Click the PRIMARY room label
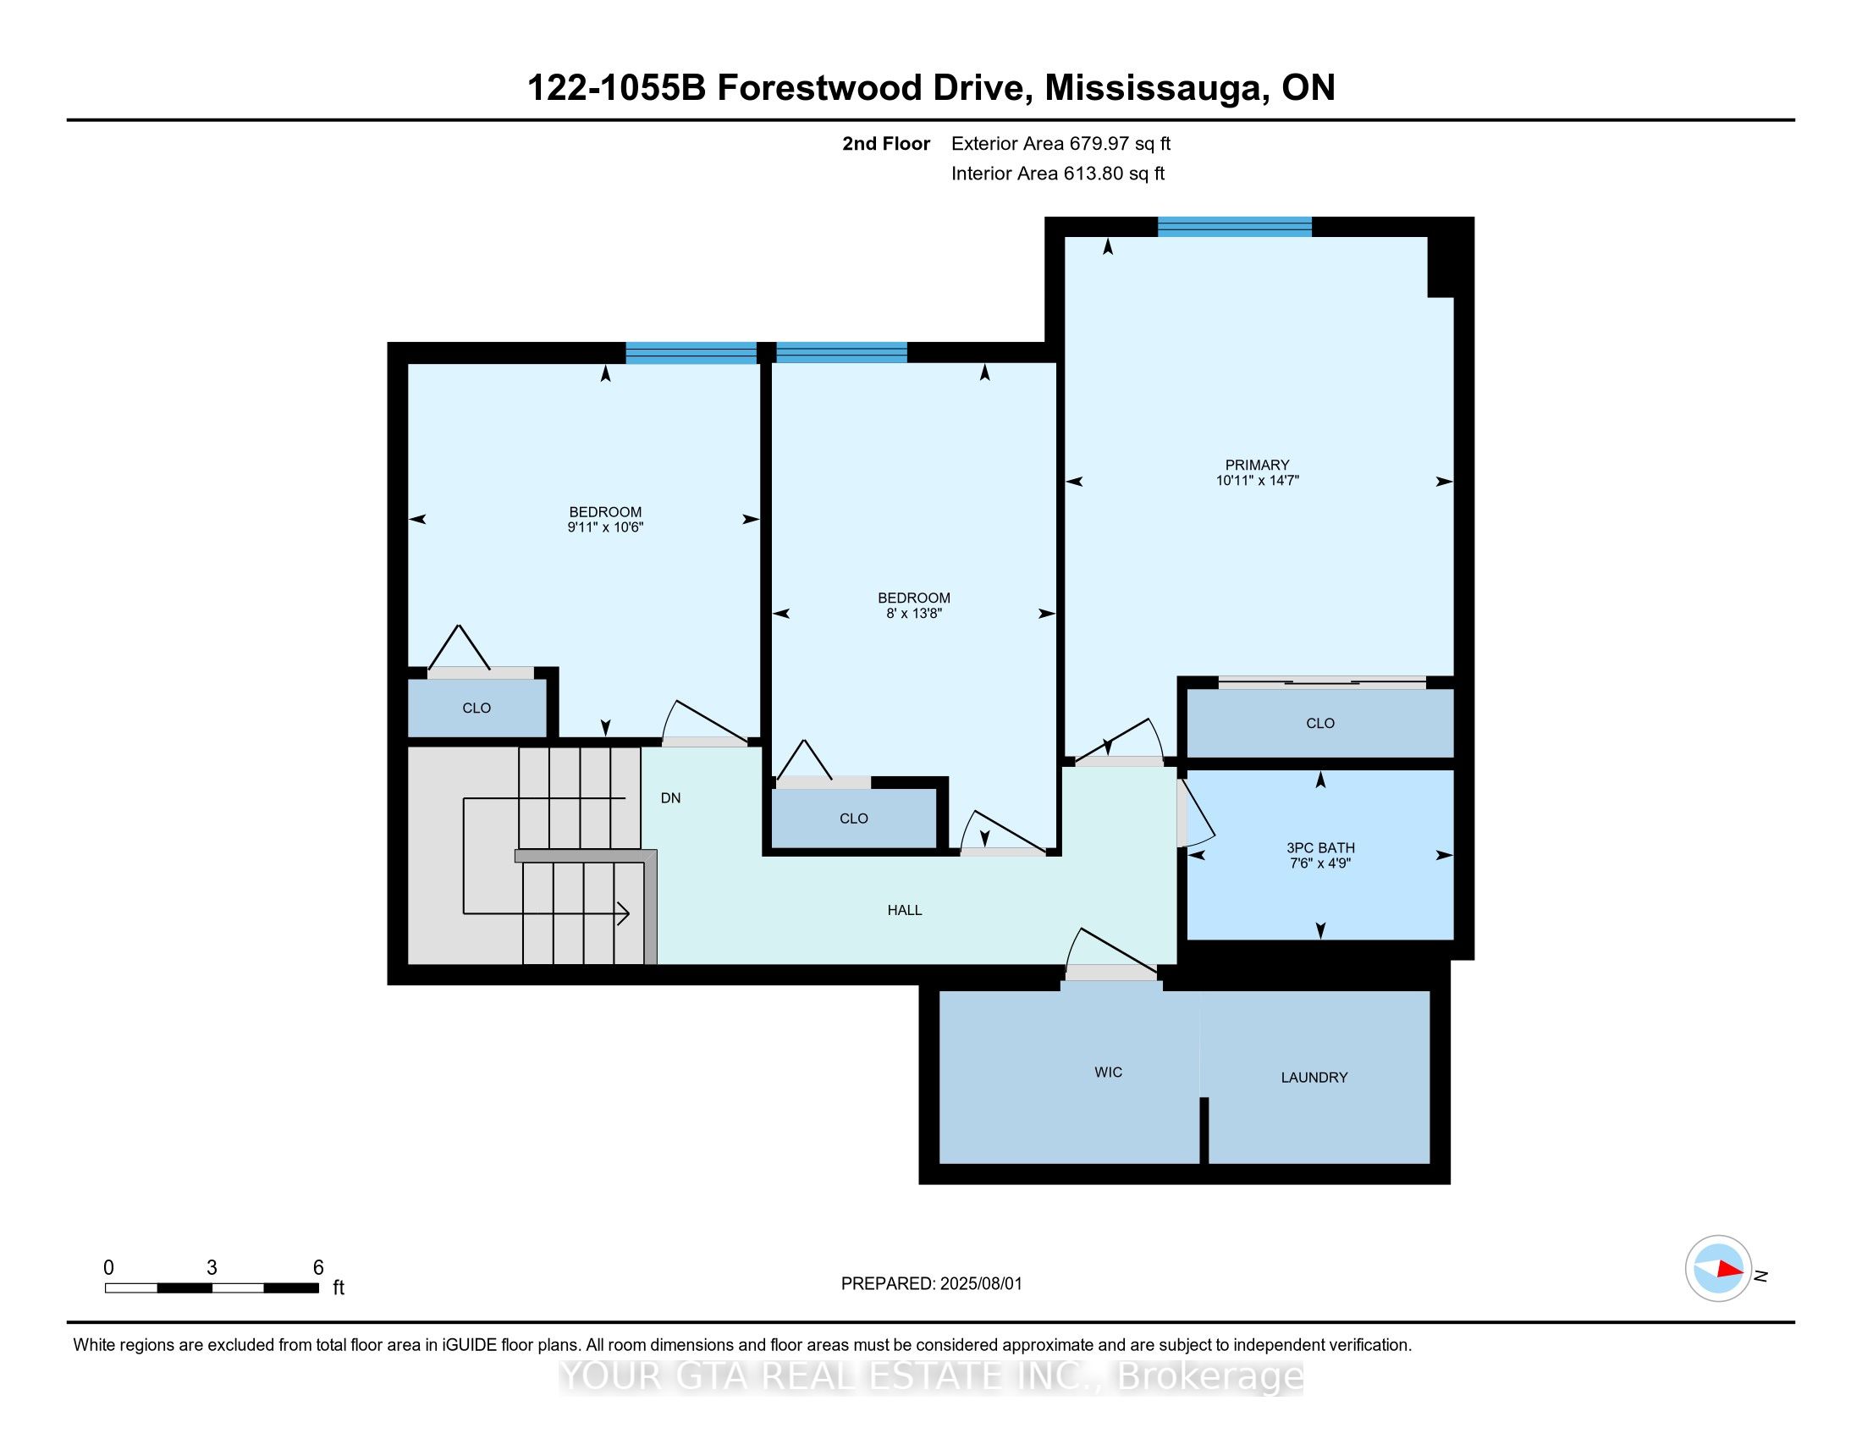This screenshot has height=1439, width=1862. pos(1257,465)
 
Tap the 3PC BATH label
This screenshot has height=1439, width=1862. pos(1319,847)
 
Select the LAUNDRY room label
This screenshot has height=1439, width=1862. pos(1314,1078)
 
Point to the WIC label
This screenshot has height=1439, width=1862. pos(1109,1072)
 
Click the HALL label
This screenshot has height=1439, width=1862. pos(905,910)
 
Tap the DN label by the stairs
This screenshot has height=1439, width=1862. pos(671,798)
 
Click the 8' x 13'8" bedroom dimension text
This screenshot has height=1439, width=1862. pos(914,613)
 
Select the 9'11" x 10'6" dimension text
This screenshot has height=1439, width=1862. pos(605,527)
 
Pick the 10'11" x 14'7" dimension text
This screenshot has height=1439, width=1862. pos(1257,480)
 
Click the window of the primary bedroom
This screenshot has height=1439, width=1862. pos(1235,227)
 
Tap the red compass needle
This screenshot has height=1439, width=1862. pos(1729,1269)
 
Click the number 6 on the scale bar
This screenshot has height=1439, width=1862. pos(318,1267)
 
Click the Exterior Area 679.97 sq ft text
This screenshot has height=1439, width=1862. pos(1061,143)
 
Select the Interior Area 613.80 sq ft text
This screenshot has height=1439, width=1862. pos(1058,173)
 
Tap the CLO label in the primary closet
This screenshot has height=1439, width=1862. pos(1319,723)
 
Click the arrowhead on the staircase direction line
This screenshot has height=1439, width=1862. pos(623,914)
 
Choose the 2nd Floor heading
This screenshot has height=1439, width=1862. pos(886,143)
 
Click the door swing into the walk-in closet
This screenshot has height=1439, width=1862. pos(1110,949)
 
